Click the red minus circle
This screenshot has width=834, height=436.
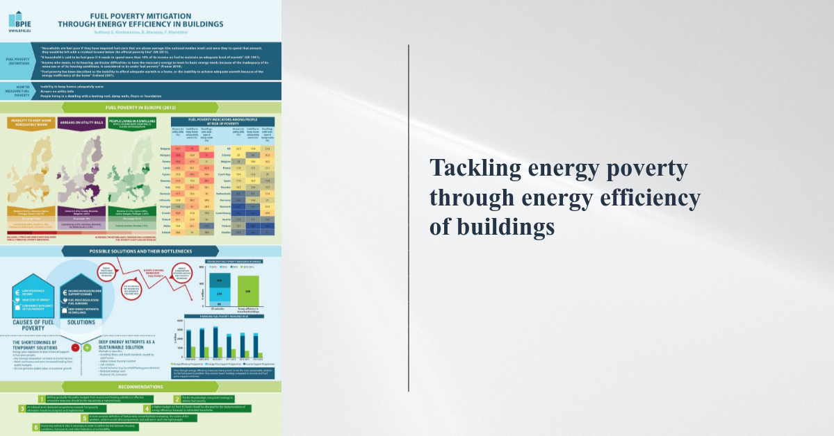74,346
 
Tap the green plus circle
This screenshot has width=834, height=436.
87,346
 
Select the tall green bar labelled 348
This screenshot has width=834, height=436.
250,290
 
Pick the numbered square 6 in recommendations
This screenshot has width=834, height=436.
35,428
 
